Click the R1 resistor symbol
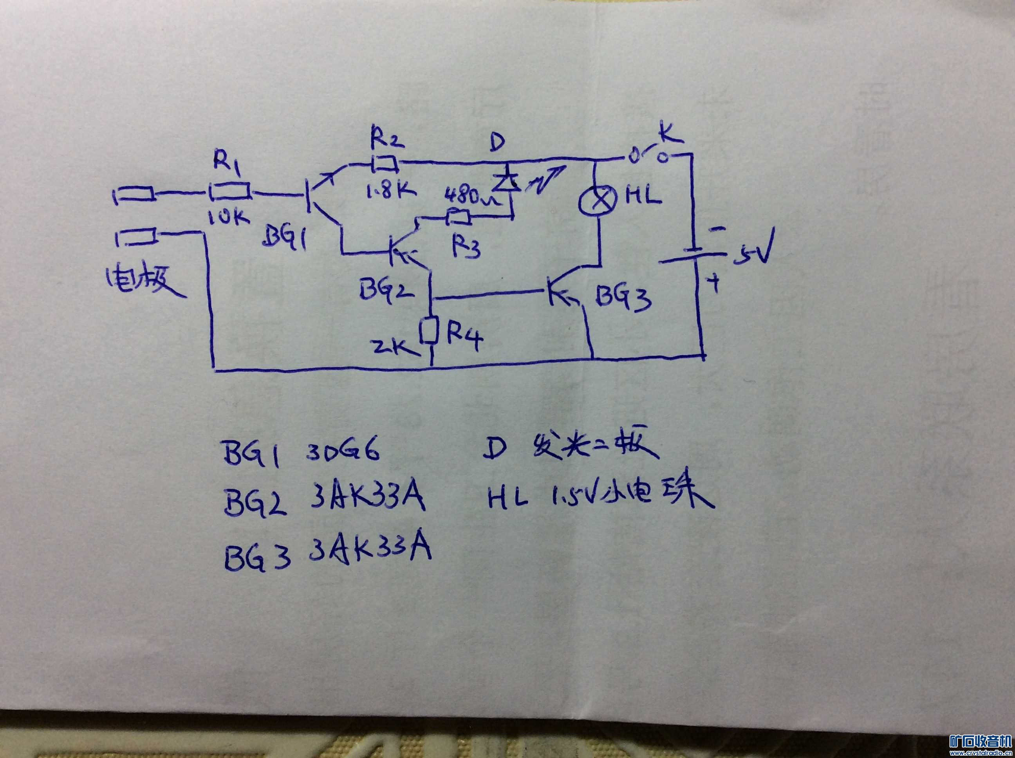click(230, 191)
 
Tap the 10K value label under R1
click(228, 217)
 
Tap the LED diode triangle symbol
click(505, 183)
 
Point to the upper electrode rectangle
click(134, 195)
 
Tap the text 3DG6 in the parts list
click(343, 452)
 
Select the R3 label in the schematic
click(465, 247)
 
